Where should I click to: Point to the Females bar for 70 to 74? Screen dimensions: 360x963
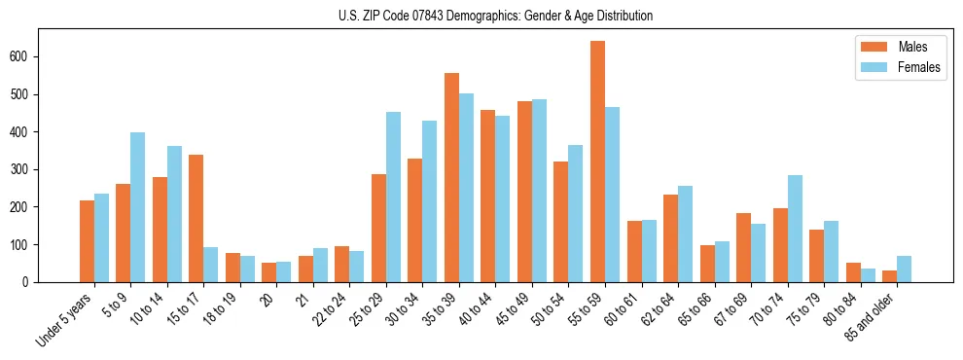click(795, 229)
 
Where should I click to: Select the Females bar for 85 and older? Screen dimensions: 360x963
click(904, 270)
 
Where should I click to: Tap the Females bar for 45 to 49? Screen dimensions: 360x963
click(539, 191)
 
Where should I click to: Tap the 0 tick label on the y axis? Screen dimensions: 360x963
click(28, 282)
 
